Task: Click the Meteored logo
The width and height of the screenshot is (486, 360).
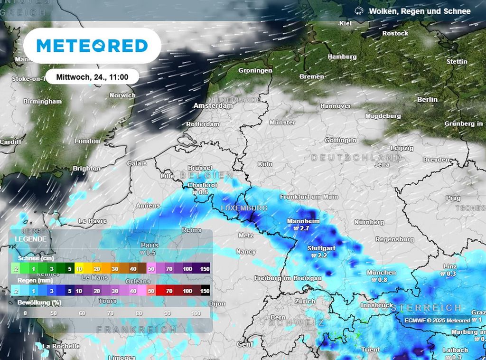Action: point(92,46)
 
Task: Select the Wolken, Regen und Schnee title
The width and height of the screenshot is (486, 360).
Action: point(420,11)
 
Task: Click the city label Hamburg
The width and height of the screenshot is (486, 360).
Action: point(342,57)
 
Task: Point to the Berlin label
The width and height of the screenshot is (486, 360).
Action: point(427,99)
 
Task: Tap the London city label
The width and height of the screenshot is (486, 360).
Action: point(87,141)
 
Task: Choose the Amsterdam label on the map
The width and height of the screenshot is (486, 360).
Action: point(213,106)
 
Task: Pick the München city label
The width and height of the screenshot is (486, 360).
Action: point(381,273)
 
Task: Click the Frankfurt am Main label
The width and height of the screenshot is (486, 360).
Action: point(308,197)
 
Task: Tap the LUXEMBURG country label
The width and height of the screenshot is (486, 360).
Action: point(244,208)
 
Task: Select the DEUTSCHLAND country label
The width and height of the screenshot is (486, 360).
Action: point(356,157)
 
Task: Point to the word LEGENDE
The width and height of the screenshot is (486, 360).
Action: point(30,239)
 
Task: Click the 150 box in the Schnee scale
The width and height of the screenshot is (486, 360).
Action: point(205,269)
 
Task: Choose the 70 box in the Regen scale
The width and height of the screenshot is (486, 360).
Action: point(168,291)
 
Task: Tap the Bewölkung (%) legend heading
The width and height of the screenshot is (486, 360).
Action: point(39,303)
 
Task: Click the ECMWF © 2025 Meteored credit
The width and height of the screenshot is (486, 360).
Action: point(437,321)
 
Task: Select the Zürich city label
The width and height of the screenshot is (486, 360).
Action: point(305,302)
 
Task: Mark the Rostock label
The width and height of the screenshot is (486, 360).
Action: point(395,33)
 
